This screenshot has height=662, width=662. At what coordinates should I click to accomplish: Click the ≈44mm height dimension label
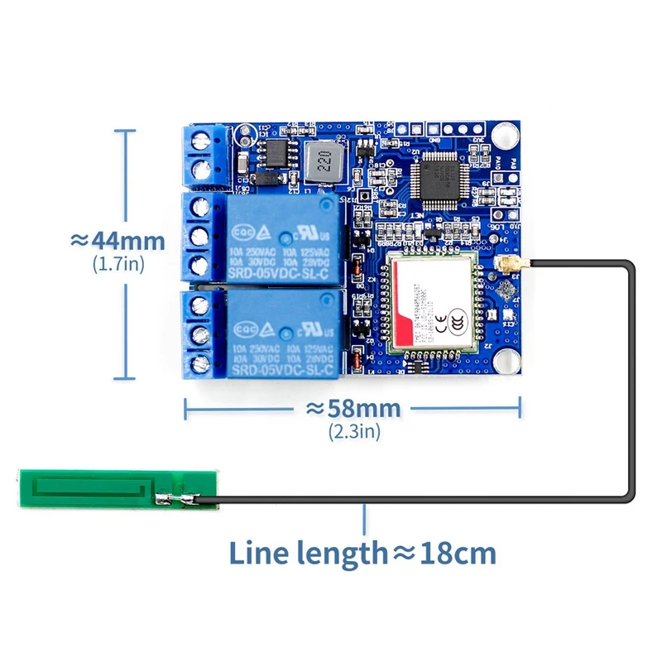coord(118,241)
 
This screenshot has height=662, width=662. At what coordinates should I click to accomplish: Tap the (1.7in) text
coord(118,264)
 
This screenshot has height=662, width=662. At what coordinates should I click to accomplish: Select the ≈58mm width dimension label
coord(354,408)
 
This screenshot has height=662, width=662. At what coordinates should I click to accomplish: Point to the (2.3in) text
coord(354,431)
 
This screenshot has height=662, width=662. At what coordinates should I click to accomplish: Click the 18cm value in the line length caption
coord(456,552)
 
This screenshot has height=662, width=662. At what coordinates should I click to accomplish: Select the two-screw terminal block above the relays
coord(205,156)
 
